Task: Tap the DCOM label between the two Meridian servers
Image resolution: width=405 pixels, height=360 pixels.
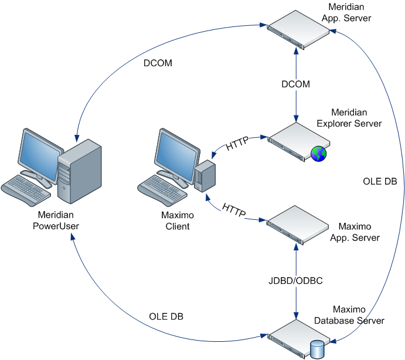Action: pos(295,84)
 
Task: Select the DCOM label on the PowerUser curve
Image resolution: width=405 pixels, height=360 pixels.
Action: pos(158,63)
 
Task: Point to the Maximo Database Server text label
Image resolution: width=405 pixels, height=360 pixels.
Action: pos(349,315)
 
